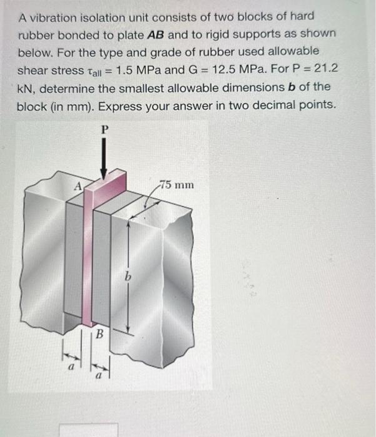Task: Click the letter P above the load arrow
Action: point(104,129)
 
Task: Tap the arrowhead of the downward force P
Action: point(104,175)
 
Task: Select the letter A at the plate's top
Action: point(78,185)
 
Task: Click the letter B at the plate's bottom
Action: point(99,335)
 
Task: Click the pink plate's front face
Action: point(87,262)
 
